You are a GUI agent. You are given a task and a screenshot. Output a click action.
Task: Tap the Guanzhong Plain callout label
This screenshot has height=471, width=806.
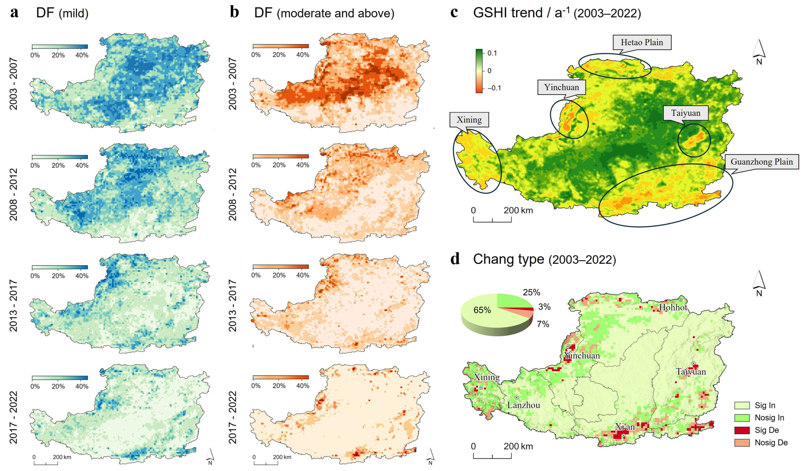[x=761, y=162]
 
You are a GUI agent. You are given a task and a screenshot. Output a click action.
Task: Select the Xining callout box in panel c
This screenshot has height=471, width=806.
[x=469, y=120]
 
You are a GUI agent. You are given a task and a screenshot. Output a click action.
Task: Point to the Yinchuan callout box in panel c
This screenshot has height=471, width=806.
[x=561, y=87]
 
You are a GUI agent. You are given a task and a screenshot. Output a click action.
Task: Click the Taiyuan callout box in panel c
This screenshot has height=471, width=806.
[x=685, y=113]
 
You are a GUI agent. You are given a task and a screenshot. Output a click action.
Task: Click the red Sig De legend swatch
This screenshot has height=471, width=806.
[x=742, y=430]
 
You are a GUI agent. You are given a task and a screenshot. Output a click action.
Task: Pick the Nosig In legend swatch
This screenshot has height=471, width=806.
[x=742, y=418]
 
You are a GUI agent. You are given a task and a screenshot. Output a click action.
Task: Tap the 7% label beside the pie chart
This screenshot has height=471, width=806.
[x=543, y=324]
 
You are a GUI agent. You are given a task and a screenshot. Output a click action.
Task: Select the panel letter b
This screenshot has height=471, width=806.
[x=234, y=13]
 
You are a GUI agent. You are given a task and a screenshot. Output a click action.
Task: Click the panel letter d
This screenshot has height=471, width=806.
[x=455, y=259]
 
